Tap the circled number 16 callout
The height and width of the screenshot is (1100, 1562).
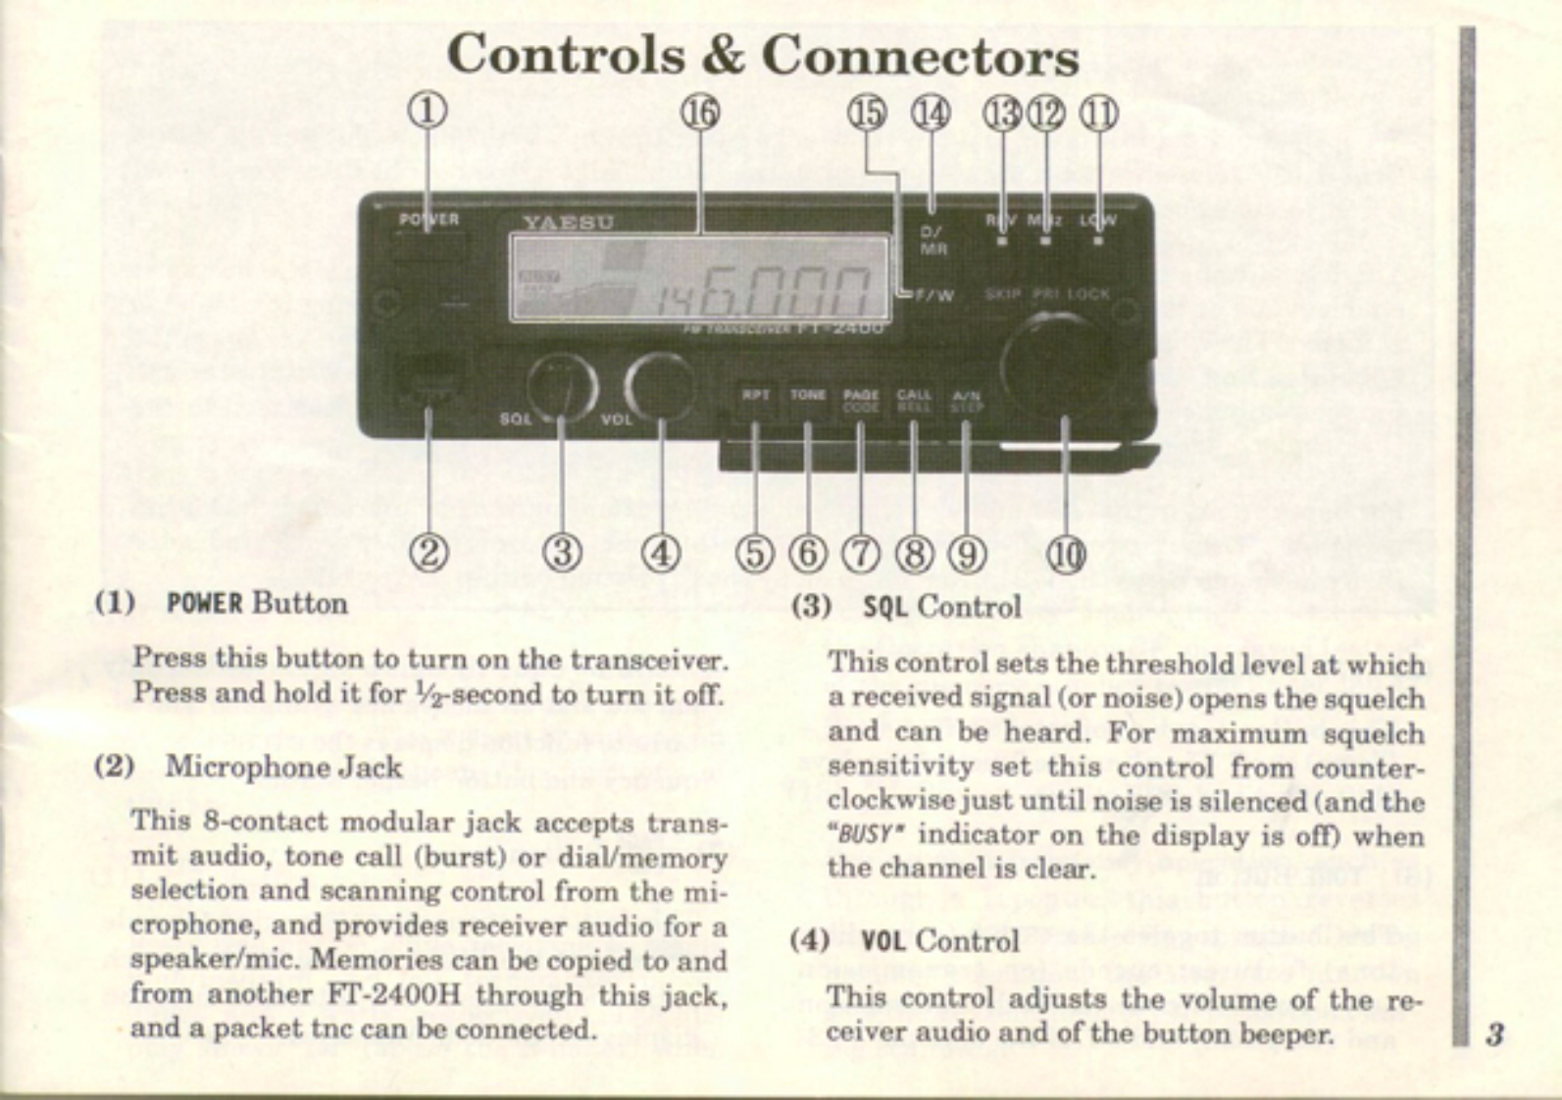(x=700, y=113)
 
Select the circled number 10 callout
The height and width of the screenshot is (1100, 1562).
(x=1066, y=555)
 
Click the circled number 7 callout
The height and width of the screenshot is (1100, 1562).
(x=861, y=555)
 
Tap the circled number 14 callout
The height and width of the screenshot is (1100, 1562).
(x=932, y=114)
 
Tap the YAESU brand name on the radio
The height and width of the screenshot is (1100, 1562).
(x=568, y=223)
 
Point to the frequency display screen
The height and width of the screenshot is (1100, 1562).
(x=699, y=279)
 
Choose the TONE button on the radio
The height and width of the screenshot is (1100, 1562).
(x=808, y=396)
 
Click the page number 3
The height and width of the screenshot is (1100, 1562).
(x=1494, y=1034)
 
